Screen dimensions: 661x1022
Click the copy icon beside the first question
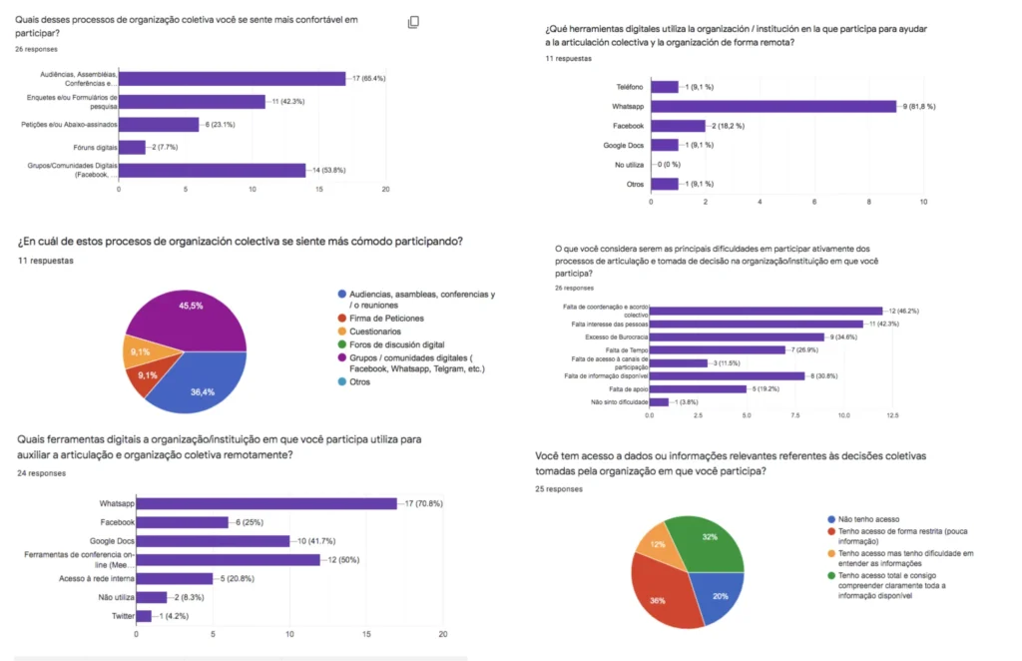tap(413, 22)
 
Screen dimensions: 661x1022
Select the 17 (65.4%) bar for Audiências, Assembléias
tap(232, 79)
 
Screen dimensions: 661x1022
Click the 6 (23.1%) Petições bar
tap(159, 125)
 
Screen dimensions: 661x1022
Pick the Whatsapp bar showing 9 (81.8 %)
tap(773, 106)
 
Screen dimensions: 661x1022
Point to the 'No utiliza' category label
tap(628, 165)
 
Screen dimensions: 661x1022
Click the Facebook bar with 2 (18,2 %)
tap(678, 126)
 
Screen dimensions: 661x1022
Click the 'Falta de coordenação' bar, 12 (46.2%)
tap(766, 311)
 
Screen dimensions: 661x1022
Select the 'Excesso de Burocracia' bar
tap(737, 336)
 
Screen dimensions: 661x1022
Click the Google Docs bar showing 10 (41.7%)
tap(213, 541)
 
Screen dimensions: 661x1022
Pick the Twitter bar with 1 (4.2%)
tap(144, 616)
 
